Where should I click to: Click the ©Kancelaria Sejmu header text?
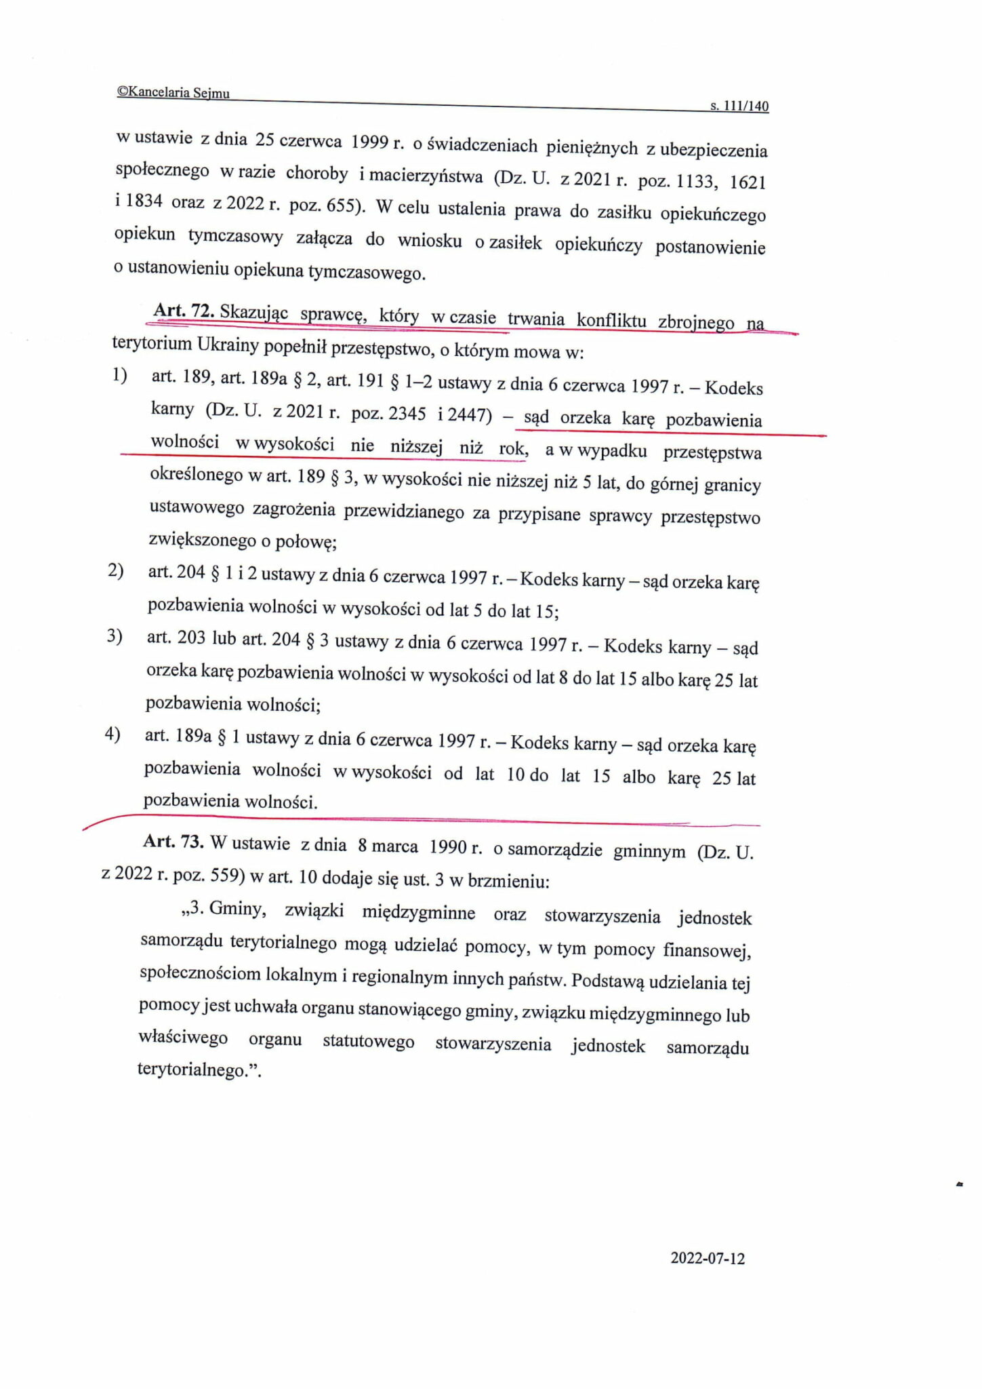173,93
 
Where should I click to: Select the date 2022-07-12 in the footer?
708,1258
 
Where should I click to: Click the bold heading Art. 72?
184,311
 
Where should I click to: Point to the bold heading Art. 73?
173,841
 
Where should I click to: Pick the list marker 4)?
112,735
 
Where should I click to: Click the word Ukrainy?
230,345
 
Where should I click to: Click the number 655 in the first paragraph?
342,205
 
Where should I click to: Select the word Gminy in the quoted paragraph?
235,909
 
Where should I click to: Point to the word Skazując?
254,313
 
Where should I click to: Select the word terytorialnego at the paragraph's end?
190,1070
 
